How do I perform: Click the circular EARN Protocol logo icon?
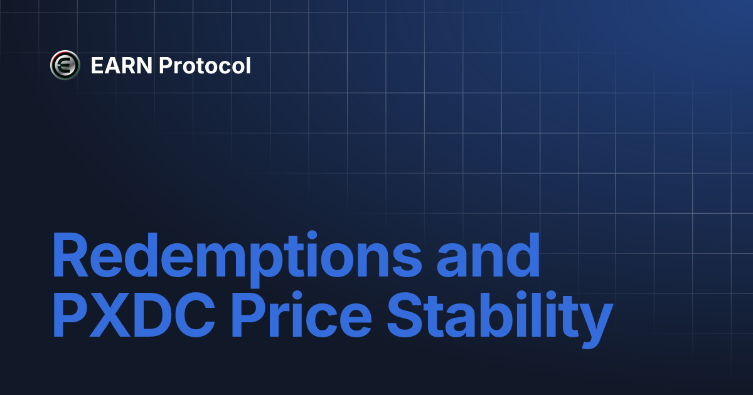click(x=65, y=65)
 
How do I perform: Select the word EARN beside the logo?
click(x=122, y=65)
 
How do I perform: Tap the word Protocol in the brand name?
click(x=205, y=65)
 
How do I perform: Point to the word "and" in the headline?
click(x=488, y=255)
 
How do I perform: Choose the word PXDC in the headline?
click(x=134, y=314)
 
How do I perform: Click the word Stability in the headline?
click(x=500, y=319)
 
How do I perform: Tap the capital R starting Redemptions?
click(x=70, y=255)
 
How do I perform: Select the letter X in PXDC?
click(x=109, y=314)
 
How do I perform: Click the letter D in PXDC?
click(x=151, y=314)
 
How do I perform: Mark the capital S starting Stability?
click(x=405, y=314)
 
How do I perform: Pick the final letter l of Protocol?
click(x=248, y=65)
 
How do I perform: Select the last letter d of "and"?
click(x=523, y=255)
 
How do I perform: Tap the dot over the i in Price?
click(x=297, y=295)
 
